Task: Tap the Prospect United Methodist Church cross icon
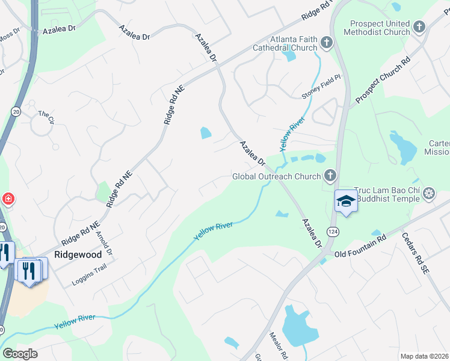click(420, 27)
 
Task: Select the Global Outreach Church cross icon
click(330, 176)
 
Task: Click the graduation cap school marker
click(346, 201)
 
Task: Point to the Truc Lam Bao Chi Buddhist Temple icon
click(429, 193)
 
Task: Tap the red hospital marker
click(8, 199)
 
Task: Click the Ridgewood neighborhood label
click(78, 255)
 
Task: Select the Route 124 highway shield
click(332, 231)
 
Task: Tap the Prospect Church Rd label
click(382, 80)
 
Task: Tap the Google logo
click(20, 354)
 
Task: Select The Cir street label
click(46, 114)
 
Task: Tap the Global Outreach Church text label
click(277, 177)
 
